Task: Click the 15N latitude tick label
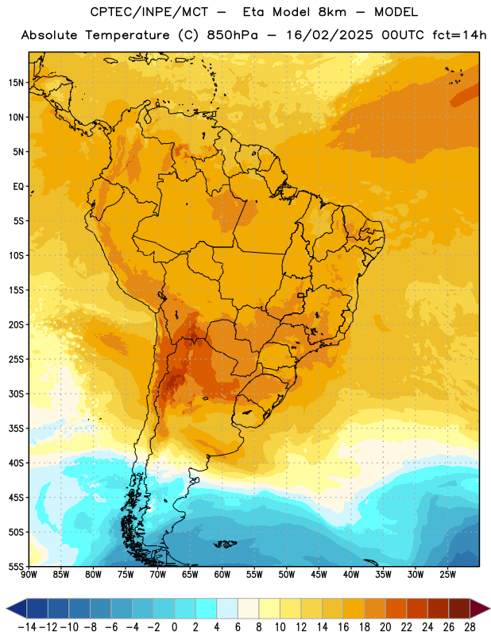point(16,83)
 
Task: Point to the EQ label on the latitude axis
point(18,187)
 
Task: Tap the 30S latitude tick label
point(16,394)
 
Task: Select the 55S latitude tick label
point(16,567)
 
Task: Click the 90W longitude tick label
point(29,575)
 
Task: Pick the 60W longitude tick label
point(222,575)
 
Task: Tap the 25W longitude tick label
point(447,575)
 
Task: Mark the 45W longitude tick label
point(319,575)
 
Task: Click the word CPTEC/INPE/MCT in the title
point(149,12)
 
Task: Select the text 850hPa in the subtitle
point(232,35)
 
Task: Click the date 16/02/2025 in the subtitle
point(329,35)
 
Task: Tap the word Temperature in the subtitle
point(127,35)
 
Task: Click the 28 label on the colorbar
point(470,627)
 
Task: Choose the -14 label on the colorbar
point(27,627)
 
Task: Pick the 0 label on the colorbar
point(174,627)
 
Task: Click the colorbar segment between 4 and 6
point(227,608)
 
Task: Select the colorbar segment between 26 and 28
point(459,608)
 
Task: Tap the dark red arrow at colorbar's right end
point(478,608)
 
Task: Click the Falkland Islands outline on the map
point(225,544)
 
